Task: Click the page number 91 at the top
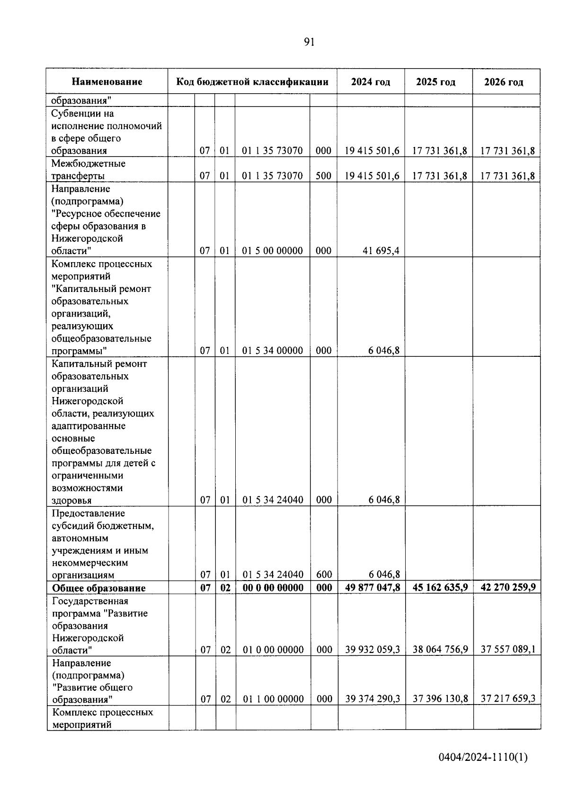coord(309,42)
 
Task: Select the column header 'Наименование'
coord(107,82)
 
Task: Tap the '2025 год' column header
coord(435,82)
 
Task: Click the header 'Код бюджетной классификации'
coord(252,82)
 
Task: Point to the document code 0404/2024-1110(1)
coord(483,758)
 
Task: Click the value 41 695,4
coord(381,251)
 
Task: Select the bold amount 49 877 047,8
coord(373,588)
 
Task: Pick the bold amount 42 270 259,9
coord(508,588)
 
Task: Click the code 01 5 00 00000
coord(272,251)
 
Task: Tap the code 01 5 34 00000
coord(272,351)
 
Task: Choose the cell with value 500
coord(323,176)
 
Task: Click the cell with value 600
coord(324,575)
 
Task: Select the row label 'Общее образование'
coord(98,588)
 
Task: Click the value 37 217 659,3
coord(508,699)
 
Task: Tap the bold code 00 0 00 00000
coord(273,588)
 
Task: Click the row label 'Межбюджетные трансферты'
coord(89,170)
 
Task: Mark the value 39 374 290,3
coord(373,699)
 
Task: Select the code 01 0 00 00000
coord(273,650)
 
